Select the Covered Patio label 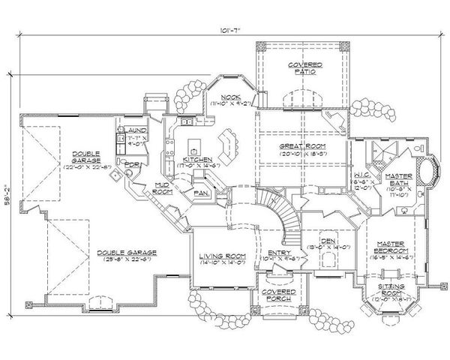pyautogui.click(x=305, y=69)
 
